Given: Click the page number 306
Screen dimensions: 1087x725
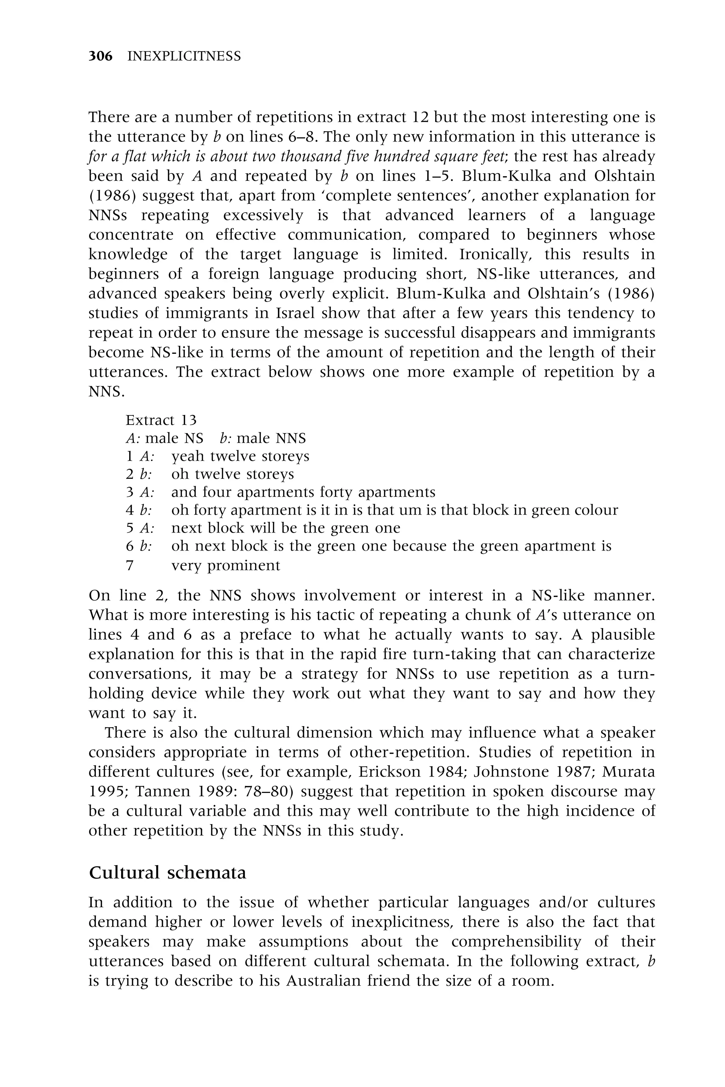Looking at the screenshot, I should (100, 56).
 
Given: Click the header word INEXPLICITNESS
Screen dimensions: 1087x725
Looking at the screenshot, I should (184, 56).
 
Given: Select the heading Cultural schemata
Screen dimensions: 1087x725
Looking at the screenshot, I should (167, 873).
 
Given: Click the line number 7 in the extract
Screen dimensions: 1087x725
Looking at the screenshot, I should (130, 565).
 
